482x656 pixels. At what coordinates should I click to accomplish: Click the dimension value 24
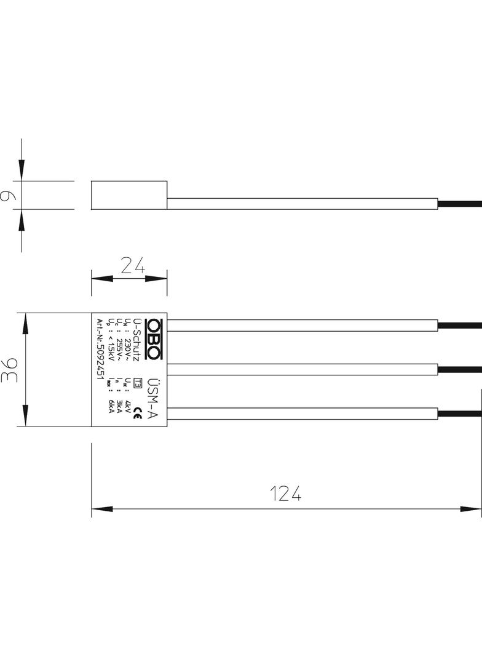(132, 265)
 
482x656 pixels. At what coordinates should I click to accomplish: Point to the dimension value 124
(286, 494)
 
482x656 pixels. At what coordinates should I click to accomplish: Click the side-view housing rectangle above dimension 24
(129, 195)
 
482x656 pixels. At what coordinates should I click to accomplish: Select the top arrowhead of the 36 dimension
(25, 322)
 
